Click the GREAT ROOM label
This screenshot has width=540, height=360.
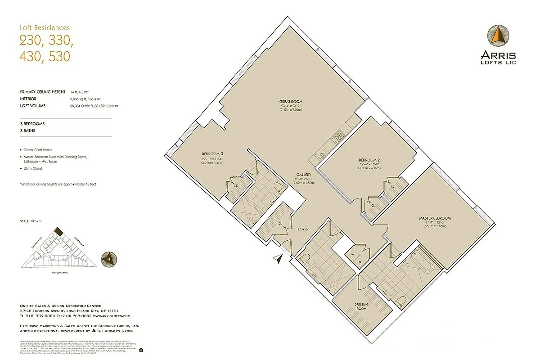pos(290,102)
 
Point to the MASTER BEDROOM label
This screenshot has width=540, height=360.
pos(434,218)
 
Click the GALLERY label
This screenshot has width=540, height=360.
pos(304,175)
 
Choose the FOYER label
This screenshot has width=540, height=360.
pos(303,229)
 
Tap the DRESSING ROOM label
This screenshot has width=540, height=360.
pos(361,306)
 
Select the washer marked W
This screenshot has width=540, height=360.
pos(352,254)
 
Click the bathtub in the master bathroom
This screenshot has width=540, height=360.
pos(424,263)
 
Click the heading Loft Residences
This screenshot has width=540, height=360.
pos(45,28)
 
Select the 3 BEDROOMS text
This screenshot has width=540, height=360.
pos(32,123)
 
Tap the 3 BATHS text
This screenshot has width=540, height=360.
pos(28,131)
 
